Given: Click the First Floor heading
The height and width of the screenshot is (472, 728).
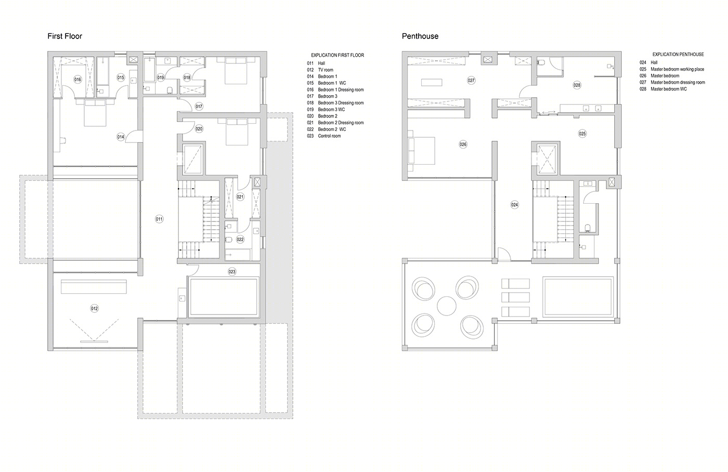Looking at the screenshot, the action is (x=64, y=36).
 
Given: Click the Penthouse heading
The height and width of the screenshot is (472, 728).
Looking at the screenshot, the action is (x=420, y=36).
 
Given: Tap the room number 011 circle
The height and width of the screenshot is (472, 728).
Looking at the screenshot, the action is (x=159, y=219).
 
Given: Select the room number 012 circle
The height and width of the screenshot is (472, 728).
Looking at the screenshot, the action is (x=94, y=308).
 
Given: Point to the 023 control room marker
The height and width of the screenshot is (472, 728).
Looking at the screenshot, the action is (x=232, y=271).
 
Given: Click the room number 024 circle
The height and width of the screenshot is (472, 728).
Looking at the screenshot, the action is (x=514, y=205).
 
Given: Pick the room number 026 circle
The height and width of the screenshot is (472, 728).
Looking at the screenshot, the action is (x=463, y=144).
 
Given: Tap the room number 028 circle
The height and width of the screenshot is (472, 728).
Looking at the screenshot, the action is (x=577, y=85).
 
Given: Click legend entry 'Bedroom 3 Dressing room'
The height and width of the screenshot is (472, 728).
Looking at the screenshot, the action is (x=341, y=102).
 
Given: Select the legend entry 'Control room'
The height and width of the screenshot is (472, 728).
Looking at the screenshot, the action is (x=329, y=136).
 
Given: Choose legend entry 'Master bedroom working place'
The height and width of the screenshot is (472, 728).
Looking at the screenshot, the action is (x=677, y=69).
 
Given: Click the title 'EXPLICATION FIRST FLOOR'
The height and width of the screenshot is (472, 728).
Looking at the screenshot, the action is (x=337, y=55).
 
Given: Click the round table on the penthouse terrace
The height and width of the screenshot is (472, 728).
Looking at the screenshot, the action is (x=447, y=306).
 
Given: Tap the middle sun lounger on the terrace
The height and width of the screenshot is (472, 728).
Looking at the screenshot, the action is (x=515, y=297).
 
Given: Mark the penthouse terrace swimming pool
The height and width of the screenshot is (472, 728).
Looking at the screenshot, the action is (x=578, y=297).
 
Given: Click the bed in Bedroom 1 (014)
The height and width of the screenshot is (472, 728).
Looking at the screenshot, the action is (x=95, y=112).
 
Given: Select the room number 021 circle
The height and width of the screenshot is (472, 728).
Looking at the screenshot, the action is (x=240, y=197).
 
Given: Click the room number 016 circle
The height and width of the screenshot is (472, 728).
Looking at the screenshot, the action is (x=77, y=79).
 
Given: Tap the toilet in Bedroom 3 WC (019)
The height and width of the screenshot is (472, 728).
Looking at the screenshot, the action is (x=170, y=90).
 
